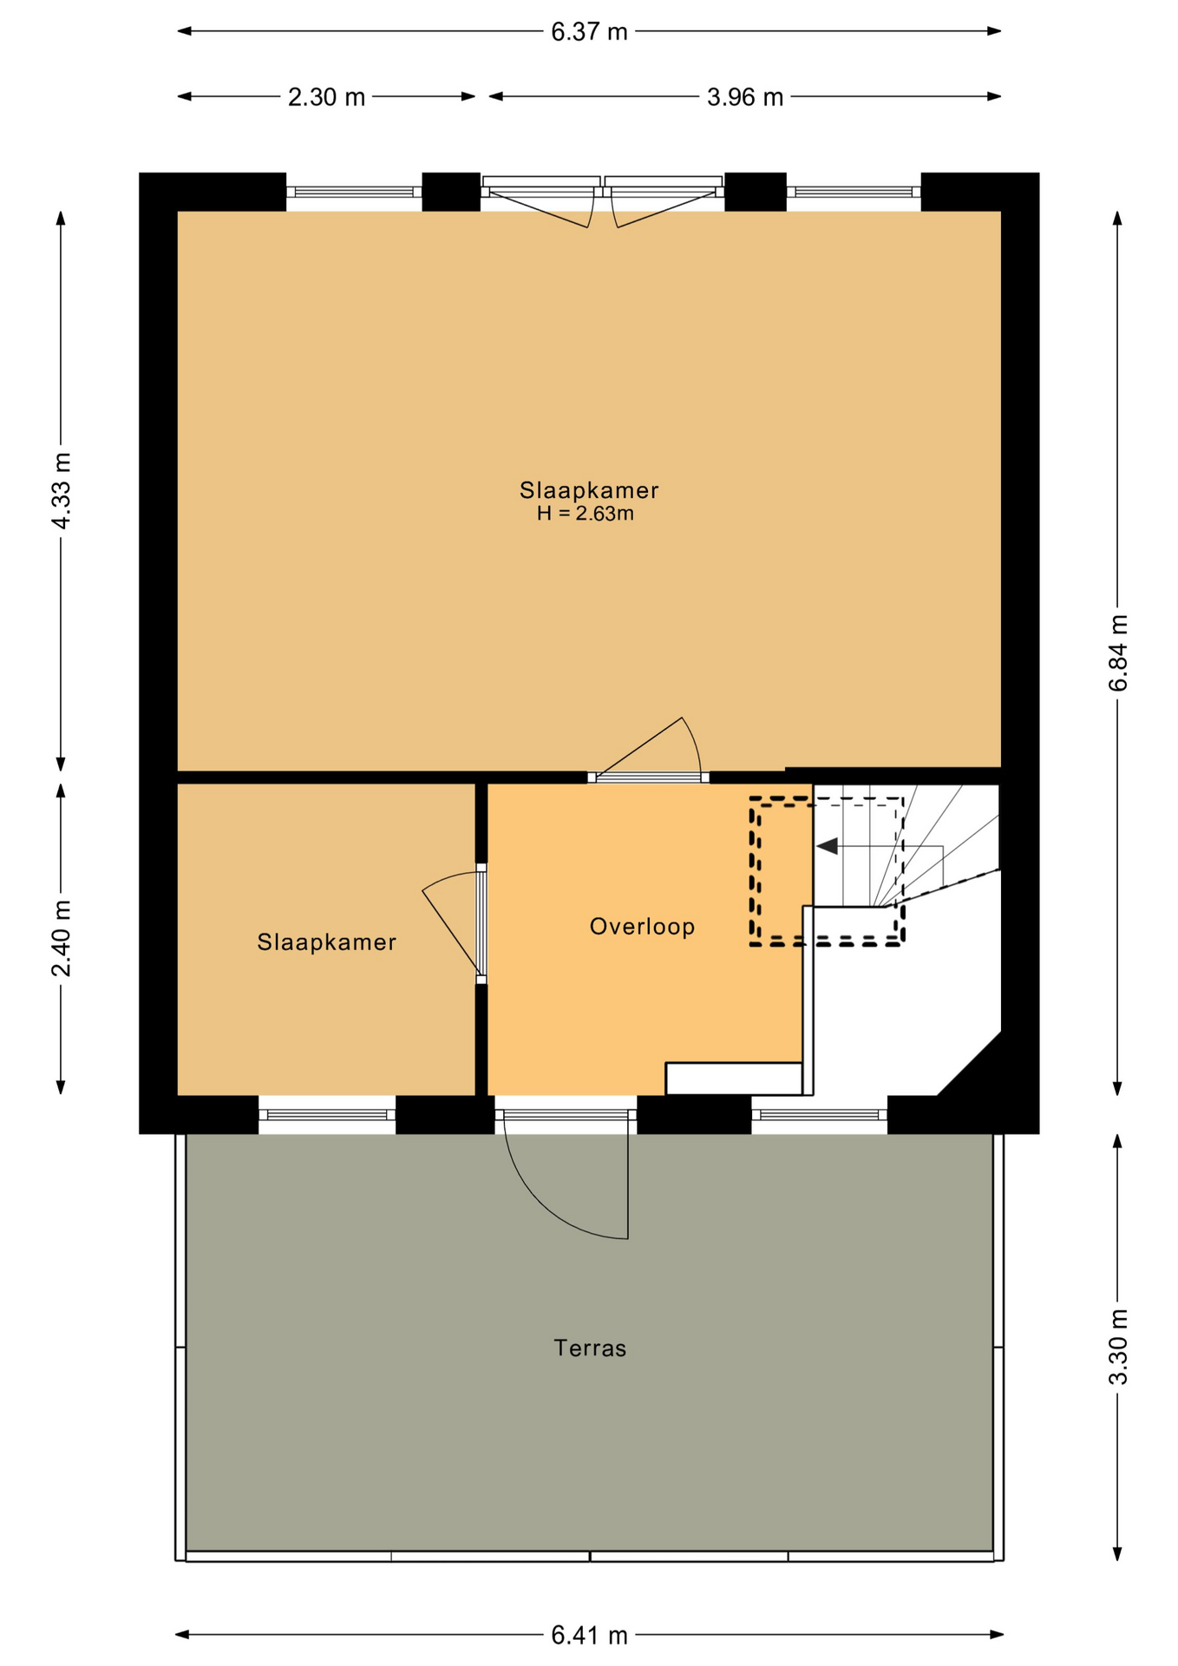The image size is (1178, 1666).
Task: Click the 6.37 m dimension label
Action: tap(589, 32)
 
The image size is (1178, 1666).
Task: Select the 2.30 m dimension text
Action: tap(326, 97)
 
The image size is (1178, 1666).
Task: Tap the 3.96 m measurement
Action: tap(744, 97)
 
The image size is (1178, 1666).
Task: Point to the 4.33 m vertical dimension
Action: tap(61, 490)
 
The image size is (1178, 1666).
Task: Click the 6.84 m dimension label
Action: tap(1118, 653)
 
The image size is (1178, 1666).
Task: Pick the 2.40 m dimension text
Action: tap(61, 939)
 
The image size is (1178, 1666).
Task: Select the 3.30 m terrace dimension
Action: tap(1118, 1347)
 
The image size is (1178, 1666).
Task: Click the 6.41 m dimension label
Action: tap(589, 1636)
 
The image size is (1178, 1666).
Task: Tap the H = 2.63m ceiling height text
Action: tap(585, 514)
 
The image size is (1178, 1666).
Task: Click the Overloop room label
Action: tap(642, 927)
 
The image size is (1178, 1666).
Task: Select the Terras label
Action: tap(590, 1348)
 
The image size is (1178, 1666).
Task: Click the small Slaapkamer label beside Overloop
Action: tap(326, 942)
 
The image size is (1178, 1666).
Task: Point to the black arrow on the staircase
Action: tap(827, 845)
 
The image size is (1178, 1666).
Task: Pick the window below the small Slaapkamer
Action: tap(327, 1114)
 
